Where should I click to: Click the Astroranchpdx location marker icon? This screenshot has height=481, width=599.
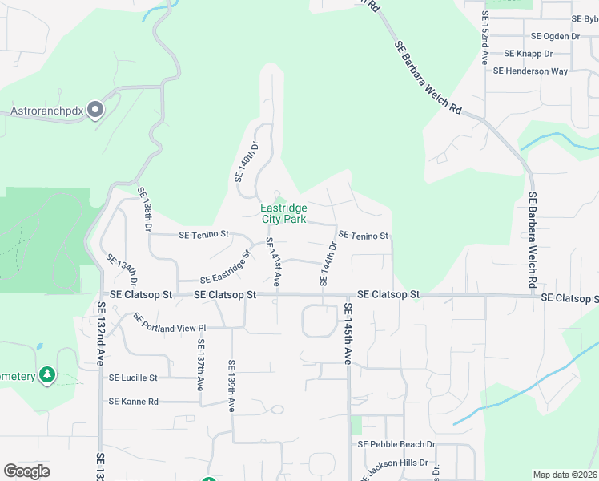click(x=96, y=110)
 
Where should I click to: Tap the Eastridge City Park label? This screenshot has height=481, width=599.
click(x=283, y=213)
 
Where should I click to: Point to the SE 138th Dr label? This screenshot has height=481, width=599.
click(x=145, y=209)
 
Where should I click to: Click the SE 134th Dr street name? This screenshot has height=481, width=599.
click(x=122, y=270)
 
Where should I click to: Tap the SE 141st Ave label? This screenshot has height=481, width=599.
click(x=272, y=262)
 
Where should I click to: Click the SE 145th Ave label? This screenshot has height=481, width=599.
click(x=348, y=333)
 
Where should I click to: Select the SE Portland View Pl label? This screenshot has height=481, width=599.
click(x=171, y=322)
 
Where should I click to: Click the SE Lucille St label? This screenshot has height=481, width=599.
click(x=134, y=378)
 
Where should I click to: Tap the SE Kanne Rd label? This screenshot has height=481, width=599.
click(x=134, y=401)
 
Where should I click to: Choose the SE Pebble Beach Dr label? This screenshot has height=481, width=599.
click(x=396, y=444)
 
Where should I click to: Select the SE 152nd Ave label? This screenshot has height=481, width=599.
click(x=485, y=38)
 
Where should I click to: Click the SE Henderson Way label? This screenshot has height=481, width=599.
click(x=530, y=71)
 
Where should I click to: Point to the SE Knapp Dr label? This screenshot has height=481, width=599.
click(x=529, y=54)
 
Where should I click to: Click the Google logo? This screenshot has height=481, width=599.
click(x=26, y=471)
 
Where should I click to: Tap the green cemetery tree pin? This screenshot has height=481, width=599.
click(x=47, y=374)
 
